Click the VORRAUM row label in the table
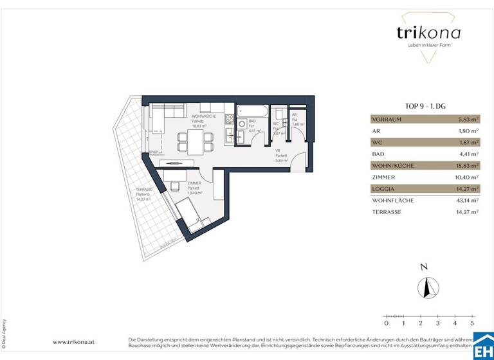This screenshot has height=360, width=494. tap(388, 119)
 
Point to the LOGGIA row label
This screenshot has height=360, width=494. tap(383, 188)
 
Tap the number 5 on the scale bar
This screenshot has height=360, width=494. tap(471, 323)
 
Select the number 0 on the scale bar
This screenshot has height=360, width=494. tap(386, 323)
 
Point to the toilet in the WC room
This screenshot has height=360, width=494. tap(276, 116)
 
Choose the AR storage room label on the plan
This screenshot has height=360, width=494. tap(295, 115)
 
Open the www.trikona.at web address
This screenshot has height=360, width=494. tap(75, 342)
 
